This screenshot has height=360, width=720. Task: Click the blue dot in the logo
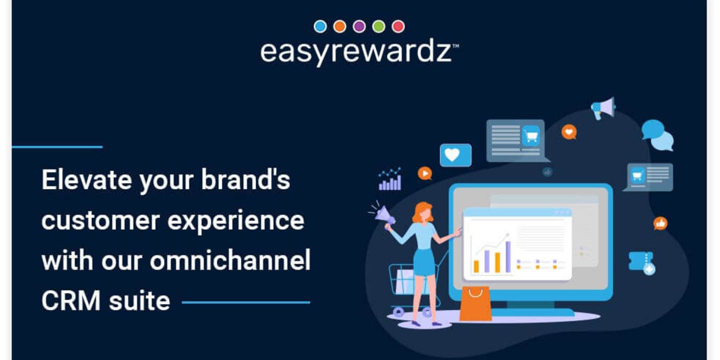[x=320, y=26]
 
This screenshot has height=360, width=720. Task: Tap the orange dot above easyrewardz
[x=340, y=26]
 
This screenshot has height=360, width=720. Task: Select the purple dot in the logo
[x=359, y=26]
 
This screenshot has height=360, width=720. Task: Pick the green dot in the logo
[x=378, y=26]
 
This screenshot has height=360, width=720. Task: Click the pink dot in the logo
[x=398, y=26]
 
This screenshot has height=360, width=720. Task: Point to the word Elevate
[x=86, y=179]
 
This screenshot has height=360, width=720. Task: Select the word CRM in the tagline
[x=71, y=300]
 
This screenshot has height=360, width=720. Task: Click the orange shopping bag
[x=475, y=304]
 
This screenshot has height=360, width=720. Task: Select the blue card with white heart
[x=455, y=155]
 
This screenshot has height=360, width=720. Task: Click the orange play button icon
[x=425, y=173]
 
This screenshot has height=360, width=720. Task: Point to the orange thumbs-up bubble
[x=660, y=223]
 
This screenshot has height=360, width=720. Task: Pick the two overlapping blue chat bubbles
[x=657, y=135]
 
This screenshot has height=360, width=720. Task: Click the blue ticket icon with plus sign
[x=642, y=263]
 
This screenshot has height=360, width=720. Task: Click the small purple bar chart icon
[x=390, y=179]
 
